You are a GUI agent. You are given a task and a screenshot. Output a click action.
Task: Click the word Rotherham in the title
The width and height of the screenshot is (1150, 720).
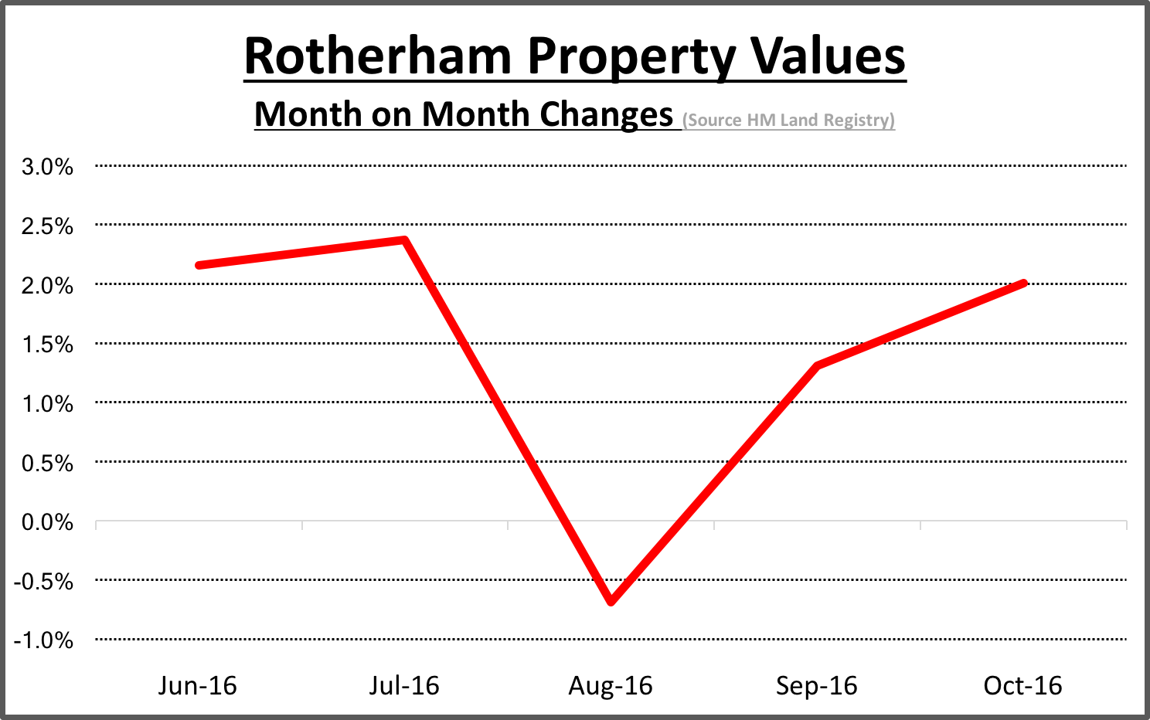point(377,56)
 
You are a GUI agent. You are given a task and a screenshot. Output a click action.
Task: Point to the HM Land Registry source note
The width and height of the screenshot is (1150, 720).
point(788,121)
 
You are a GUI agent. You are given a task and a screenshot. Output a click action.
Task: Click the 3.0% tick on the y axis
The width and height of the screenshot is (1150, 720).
point(47,166)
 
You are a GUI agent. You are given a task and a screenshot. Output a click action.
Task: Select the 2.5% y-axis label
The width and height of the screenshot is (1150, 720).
point(47,226)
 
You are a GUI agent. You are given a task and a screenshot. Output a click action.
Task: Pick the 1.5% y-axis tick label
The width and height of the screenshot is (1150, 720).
point(47,345)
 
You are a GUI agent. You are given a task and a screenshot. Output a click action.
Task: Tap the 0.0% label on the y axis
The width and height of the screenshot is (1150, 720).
point(47,522)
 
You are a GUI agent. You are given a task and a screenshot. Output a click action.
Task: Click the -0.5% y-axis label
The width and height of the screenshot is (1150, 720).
point(44,581)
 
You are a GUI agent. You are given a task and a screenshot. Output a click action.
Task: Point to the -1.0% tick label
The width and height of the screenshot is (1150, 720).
point(44,640)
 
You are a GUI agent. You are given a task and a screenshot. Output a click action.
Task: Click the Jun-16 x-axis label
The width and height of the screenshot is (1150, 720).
point(197,685)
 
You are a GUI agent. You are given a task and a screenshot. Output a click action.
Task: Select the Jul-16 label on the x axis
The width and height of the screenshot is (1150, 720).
point(403,685)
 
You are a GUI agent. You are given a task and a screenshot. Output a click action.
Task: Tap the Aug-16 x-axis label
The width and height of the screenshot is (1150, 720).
point(611,685)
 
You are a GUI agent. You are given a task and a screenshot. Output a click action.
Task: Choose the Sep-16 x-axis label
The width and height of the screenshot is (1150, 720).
point(817,685)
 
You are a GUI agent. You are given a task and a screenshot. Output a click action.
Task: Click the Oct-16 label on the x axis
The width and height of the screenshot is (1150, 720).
point(1022,685)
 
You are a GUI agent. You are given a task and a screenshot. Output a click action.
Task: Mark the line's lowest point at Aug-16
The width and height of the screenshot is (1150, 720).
point(611,600)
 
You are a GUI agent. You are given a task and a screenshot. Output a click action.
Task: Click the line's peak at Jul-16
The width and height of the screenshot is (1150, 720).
point(404,240)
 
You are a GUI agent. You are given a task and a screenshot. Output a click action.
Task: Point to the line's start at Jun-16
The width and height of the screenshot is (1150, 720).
point(199,265)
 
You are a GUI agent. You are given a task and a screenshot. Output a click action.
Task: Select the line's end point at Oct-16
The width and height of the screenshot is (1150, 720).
point(1022,284)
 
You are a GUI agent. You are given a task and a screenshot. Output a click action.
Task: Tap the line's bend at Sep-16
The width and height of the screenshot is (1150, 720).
point(817,365)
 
